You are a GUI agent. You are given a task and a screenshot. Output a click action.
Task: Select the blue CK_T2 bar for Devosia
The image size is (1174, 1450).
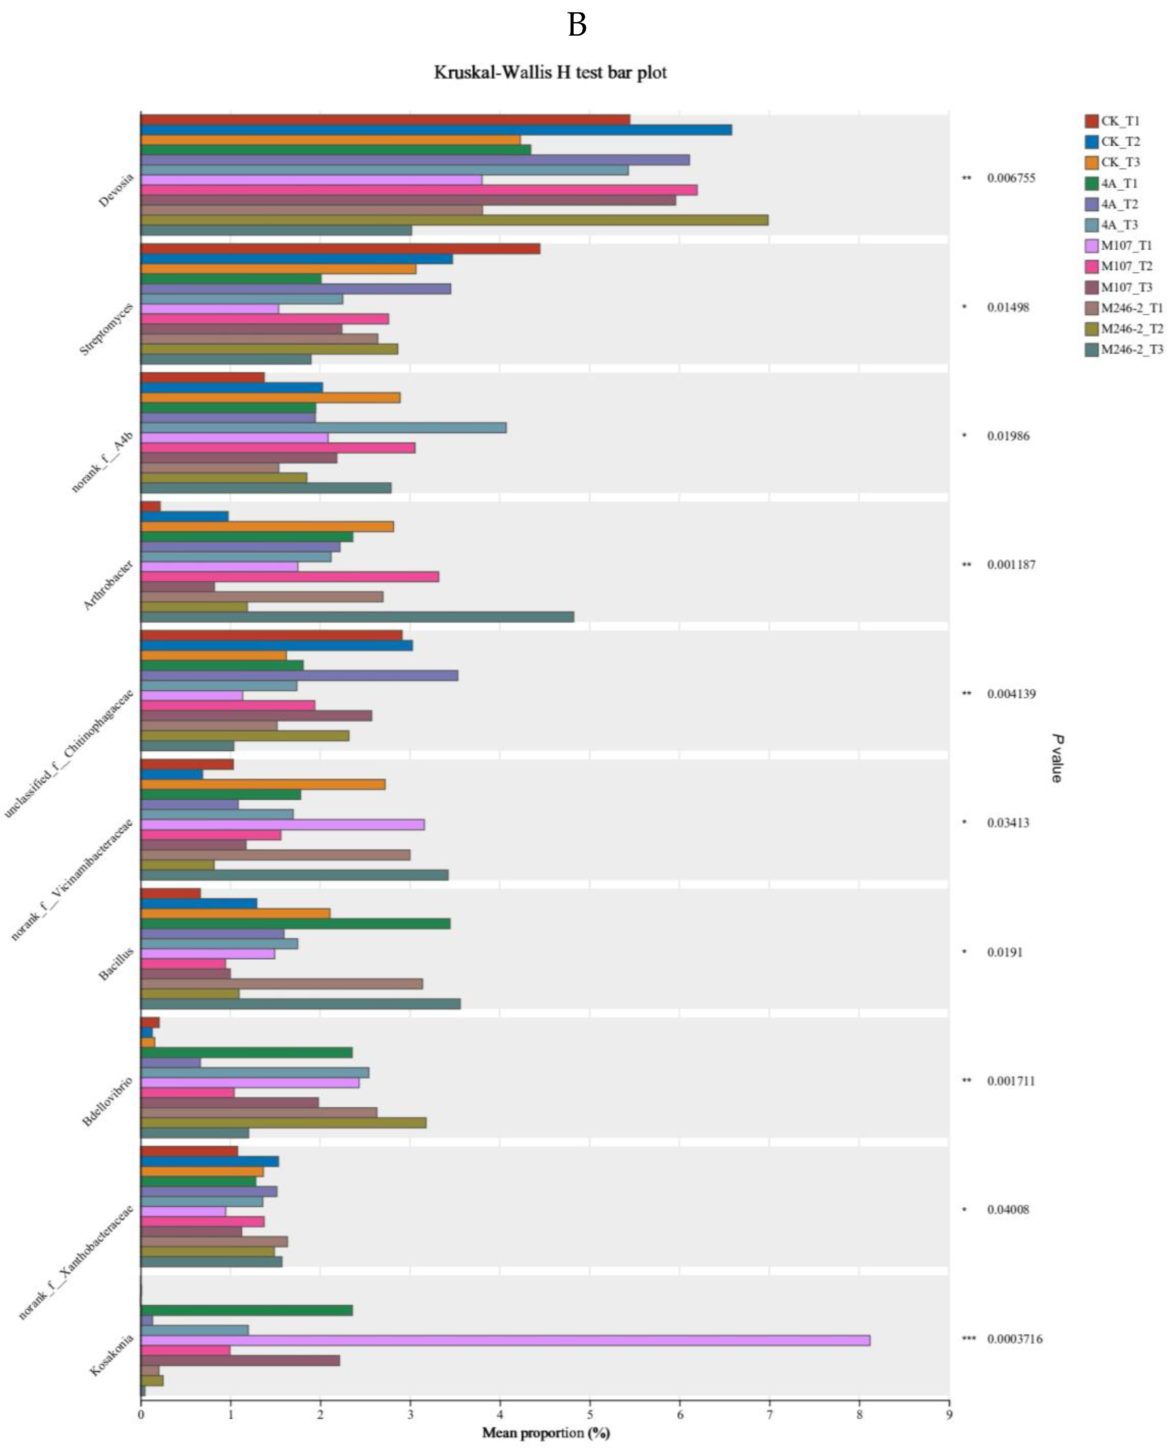[x=436, y=130]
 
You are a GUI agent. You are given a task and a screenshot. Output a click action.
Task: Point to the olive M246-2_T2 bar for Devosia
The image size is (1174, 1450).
[x=454, y=220]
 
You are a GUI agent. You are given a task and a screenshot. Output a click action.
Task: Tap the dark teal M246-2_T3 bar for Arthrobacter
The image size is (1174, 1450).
[x=357, y=617]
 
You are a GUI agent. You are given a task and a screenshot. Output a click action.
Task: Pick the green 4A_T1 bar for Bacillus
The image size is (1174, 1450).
[x=295, y=923]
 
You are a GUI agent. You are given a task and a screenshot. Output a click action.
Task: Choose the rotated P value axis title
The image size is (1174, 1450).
[x=1056, y=758]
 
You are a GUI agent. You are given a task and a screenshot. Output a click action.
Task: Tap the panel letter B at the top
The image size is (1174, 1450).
[x=577, y=25]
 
